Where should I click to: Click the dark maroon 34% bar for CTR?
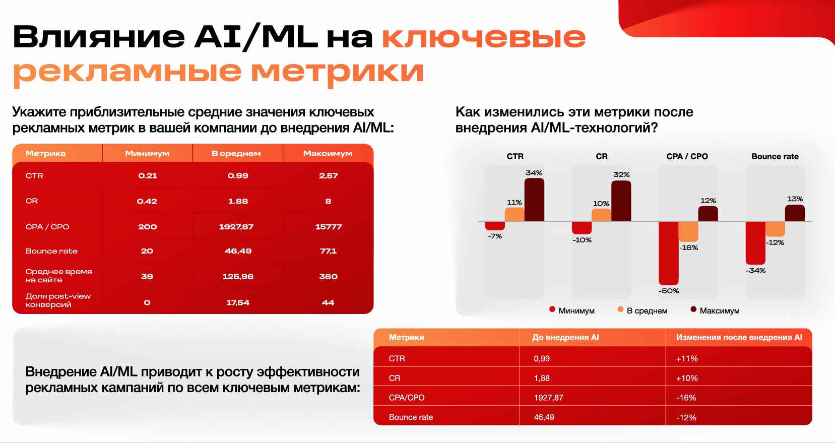pyautogui.click(x=534, y=200)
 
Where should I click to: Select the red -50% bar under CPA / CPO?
pyautogui.click(x=668, y=253)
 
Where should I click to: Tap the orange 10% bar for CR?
pyautogui.click(x=601, y=215)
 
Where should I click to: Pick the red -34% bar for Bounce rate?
pyautogui.click(x=755, y=243)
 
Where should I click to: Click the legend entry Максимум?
pyautogui.click(x=715, y=310)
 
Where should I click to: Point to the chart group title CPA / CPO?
pyautogui.click(x=687, y=156)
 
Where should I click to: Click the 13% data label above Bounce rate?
pyautogui.click(x=795, y=199)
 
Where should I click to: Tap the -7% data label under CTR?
pyautogui.click(x=495, y=236)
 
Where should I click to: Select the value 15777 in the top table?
pyautogui.click(x=328, y=227)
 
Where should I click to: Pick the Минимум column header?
pyautogui.click(x=147, y=153)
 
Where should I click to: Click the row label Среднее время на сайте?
pyautogui.click(x=58, y=276)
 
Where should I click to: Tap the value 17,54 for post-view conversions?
pyautogui.click(x=238, y=302)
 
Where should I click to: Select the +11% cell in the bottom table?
pyautogui.click(x=687, y=358)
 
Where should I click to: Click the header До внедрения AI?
pyautogui.click(x=565, y=337)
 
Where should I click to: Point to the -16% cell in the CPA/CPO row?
pyautogui.click(x=686, y=398)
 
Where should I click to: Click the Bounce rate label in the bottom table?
pyautogui.click(x=411, y=417)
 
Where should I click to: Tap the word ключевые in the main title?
pyautogui.click(x=483, y=37)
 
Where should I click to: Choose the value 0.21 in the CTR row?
pyautogui.click(x=148, y=176)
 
